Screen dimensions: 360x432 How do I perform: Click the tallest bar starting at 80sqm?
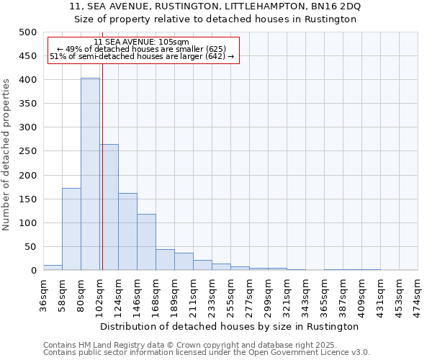[90, 174]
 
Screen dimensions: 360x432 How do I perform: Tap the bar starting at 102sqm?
[109, 207]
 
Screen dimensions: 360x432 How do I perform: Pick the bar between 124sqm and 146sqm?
[127, 232]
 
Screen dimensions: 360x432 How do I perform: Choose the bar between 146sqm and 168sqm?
[146, 242]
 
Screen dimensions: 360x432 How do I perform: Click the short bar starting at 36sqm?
[53, 267]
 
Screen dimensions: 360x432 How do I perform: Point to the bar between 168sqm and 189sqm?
[165, 260]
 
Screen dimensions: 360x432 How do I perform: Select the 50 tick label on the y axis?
[30, 247]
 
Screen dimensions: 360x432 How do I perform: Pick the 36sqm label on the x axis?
[43, 294]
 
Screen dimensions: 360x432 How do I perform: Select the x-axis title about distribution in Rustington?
[230, 326]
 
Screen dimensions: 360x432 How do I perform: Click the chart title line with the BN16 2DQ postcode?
[216, 6]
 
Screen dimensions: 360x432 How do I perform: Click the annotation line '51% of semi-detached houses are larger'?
[142, 56]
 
